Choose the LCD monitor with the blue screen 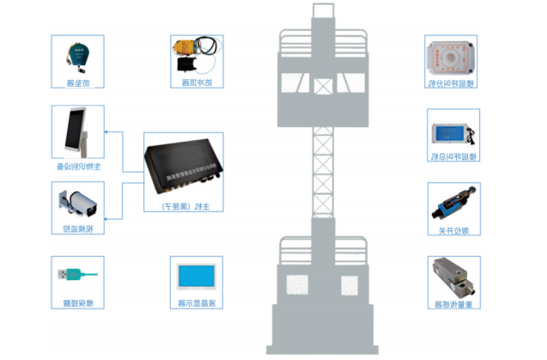(x=194, y=278)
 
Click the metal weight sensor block (x=453, y=280)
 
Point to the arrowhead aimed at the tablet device (x=106, y=133)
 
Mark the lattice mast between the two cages (x=322, y=172)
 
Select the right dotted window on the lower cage (x=349, y=284)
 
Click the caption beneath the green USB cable (x=77, y=303)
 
